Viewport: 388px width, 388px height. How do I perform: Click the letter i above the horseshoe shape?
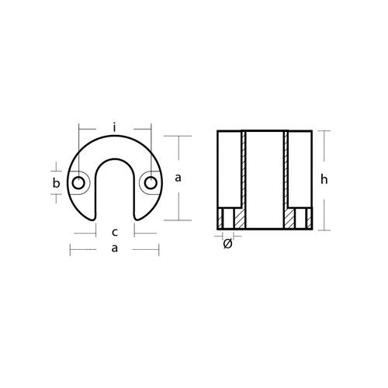click(114, 126)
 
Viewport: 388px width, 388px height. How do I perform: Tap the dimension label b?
click(56, 183)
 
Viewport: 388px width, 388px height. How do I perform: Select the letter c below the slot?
click(114, 231)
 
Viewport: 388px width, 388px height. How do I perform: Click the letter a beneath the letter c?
click(114, 248)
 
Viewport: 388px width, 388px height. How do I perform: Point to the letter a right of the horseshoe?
click(179, 178)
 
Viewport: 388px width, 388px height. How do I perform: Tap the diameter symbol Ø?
click(227, 244)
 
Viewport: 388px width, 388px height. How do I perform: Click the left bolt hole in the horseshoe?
click(78, 183)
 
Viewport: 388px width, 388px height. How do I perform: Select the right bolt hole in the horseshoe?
click(150, 183)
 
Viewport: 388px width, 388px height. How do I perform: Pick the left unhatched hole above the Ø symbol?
click(227, 220)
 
